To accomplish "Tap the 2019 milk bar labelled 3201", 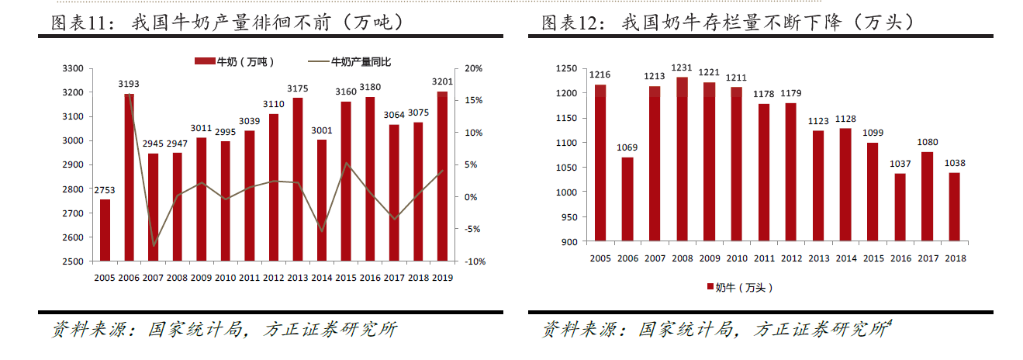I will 442,176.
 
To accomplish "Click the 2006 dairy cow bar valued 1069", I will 627,199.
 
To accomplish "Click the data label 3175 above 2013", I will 298,89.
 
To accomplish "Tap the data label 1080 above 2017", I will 927,143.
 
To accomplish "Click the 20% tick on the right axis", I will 473,68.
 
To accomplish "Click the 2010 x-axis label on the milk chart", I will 225,277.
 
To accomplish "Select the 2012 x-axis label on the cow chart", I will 791,258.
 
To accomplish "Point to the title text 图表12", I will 572,23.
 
